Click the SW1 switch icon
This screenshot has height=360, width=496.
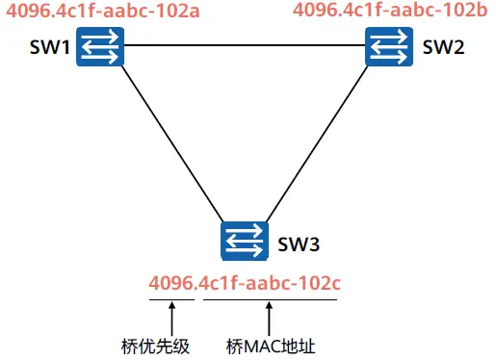point(100,47)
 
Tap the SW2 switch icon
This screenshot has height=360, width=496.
point(389,47)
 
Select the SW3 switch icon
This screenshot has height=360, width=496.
point(245,241)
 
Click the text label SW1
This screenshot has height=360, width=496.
point(50,47)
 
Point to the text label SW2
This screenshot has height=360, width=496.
point(443,47)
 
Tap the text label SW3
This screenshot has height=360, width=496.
point(299,244)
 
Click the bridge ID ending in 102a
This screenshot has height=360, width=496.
point(103,11)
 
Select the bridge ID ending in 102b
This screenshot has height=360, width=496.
point(390,10)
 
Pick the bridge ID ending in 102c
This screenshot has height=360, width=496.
point(245,283)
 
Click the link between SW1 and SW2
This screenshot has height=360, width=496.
point(245,45)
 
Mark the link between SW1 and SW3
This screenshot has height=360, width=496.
point(172,144)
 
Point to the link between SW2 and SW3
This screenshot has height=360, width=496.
point(317,144)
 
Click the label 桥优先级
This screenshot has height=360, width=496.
point(155,347)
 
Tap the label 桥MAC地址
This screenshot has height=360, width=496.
point(271,347)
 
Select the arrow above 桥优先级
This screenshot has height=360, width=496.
point(172,319)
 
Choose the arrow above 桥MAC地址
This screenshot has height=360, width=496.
point(269,319)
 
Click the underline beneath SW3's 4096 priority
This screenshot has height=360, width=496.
point(171,299)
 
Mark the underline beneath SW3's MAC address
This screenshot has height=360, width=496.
point(271,299)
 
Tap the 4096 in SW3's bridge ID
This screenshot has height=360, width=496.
point(171,283)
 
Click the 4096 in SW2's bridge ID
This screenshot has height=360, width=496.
point(316,10)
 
